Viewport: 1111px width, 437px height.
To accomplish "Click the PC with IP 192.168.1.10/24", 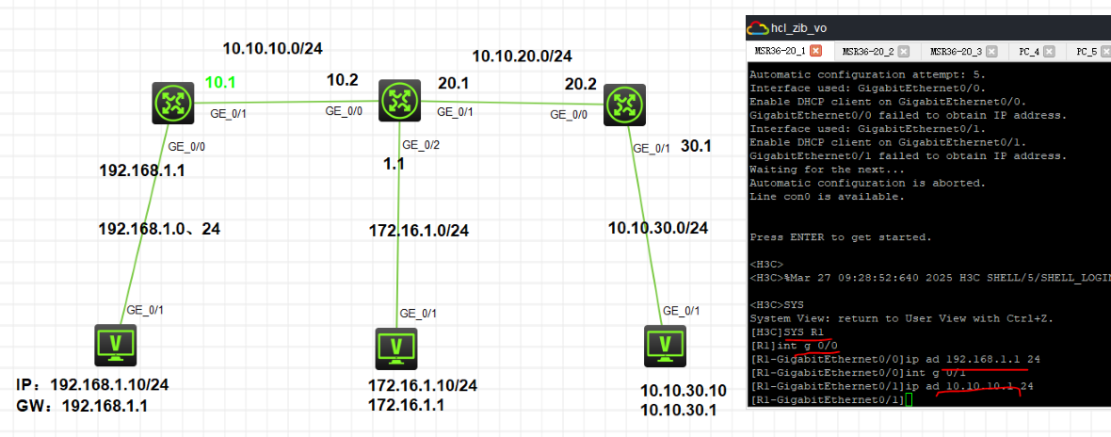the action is [116, 346].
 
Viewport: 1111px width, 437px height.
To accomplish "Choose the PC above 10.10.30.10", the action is [667, 346].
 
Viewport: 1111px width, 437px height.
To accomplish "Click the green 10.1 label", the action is [220, 82].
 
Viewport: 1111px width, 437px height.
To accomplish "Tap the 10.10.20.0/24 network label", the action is [522, 56].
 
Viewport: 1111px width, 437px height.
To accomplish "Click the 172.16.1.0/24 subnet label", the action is [418, 230].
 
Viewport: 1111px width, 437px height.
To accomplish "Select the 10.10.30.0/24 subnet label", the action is [658, 227].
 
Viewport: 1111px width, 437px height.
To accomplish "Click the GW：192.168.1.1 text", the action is [82, 406].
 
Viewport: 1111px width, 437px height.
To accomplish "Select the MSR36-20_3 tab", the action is [957, 51].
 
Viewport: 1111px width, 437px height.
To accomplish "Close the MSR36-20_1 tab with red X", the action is [816, 51].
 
